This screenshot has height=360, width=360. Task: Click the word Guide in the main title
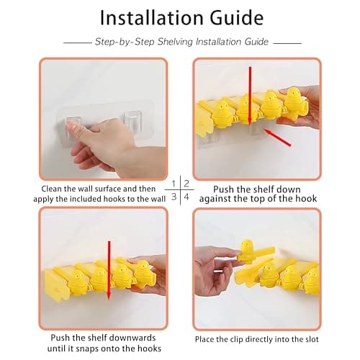[236, 17]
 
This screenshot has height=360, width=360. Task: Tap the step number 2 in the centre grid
[185, 184]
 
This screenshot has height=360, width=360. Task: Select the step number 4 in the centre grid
[185, 197]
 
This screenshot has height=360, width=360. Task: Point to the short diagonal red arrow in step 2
[277, 136]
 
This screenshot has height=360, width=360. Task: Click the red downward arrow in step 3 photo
[109, 270]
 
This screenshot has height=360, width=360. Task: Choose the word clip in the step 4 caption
[246, 338]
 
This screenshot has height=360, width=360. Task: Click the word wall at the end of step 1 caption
[157, 197]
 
